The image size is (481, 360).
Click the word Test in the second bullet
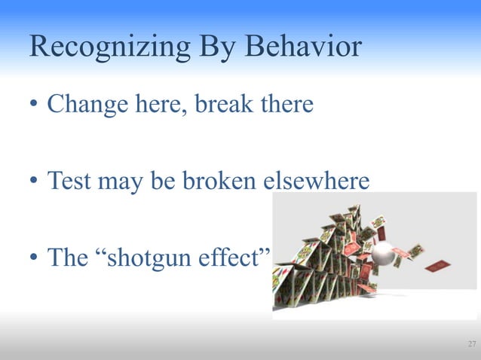(66, 181)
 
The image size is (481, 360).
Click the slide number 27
(471, 345)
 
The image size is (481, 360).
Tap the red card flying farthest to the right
(437, 265)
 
